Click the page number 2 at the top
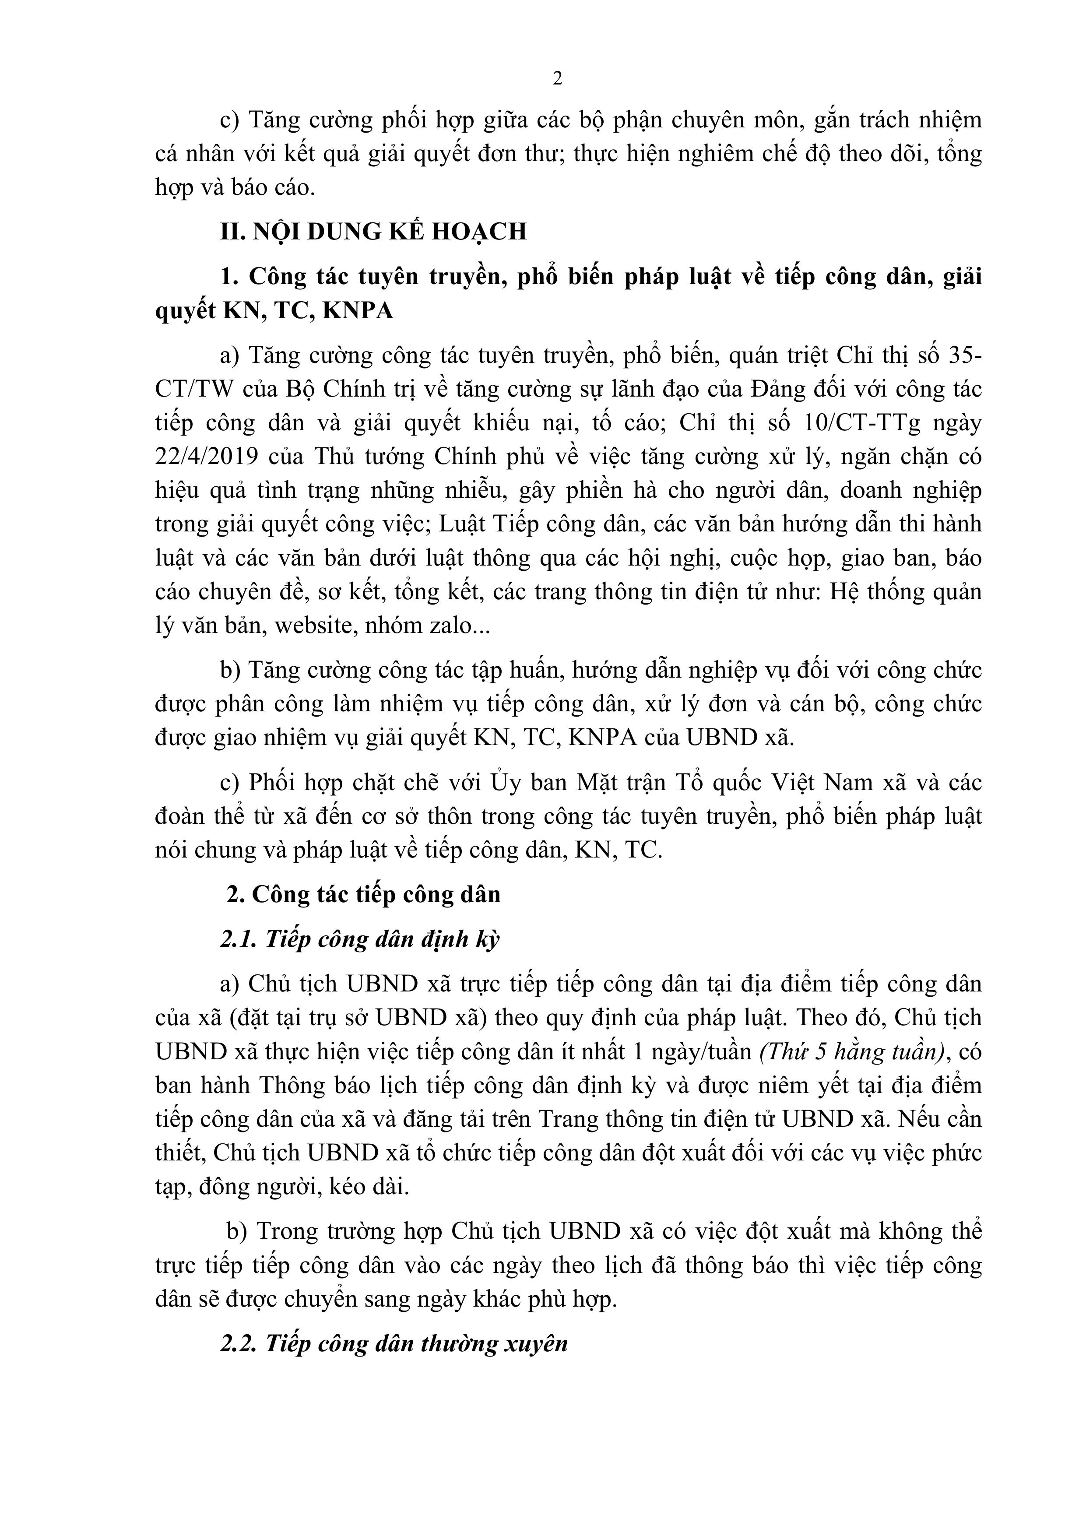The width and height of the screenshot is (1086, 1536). (x=557, y=79)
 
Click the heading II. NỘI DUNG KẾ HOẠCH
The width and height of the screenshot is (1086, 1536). (x=373, y=232)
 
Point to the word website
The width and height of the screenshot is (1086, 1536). (x=314, y=626)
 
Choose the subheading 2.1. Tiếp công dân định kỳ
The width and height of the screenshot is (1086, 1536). (x=359, y=940)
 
